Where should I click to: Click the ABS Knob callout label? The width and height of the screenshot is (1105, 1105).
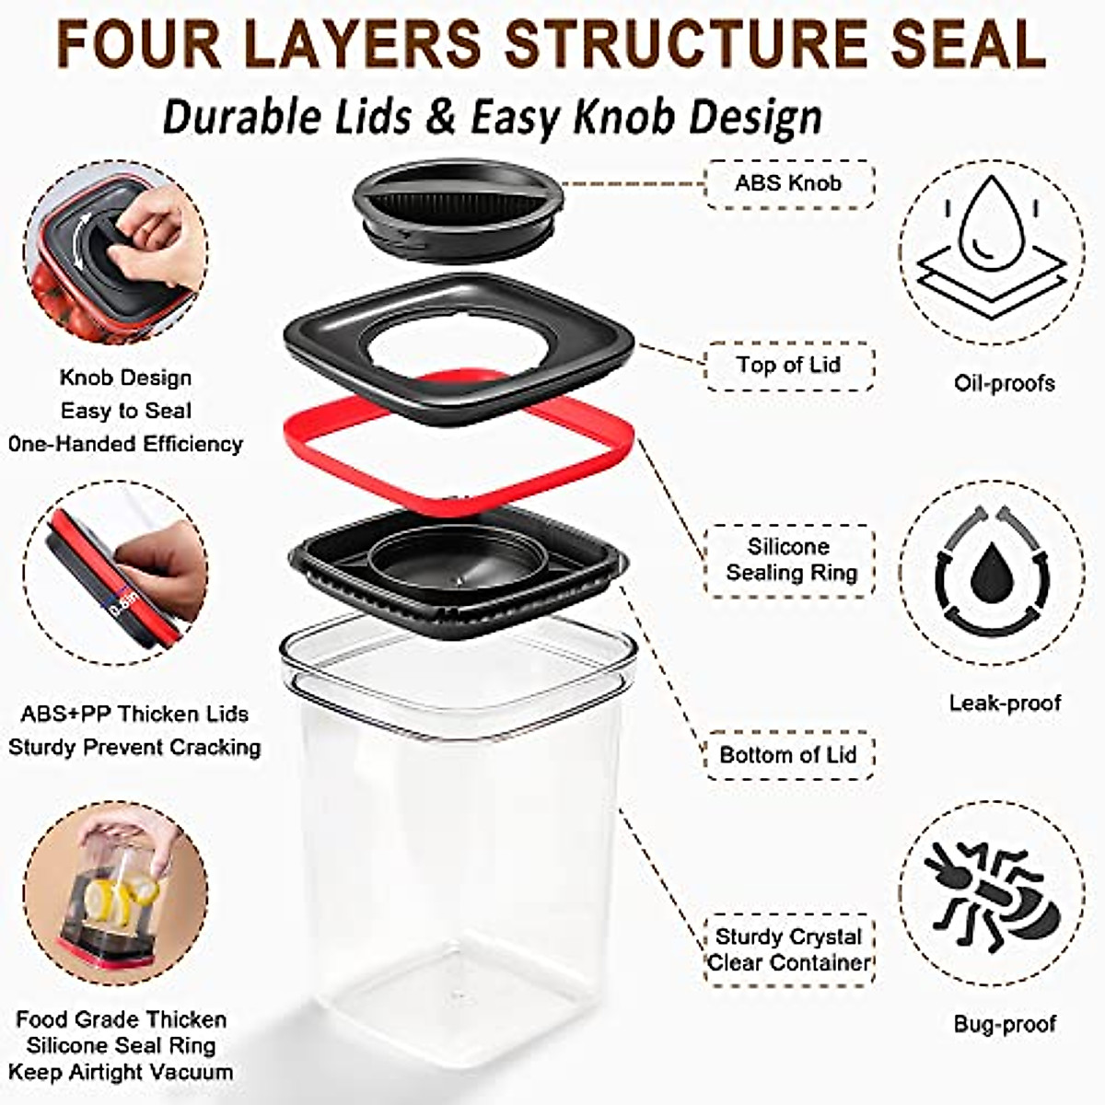788,183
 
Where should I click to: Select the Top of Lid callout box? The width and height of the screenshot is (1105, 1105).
788,366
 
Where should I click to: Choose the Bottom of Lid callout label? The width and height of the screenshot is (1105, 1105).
788,755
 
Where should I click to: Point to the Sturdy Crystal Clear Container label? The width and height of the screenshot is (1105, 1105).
788,949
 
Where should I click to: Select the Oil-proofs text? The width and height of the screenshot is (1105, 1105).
1004,383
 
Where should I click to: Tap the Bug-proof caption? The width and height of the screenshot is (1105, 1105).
1004,1024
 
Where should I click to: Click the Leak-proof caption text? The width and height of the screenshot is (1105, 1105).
1005,704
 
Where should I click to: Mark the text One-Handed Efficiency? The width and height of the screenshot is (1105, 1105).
125,444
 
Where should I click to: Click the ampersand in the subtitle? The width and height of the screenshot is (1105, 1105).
445,118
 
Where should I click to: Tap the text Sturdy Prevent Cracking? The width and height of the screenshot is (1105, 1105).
134,747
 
